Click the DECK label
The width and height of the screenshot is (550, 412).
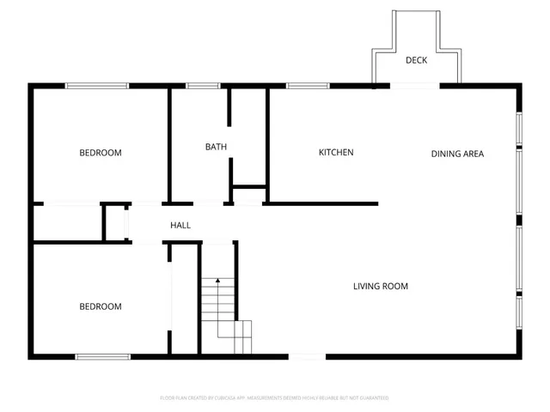tap(417, 60)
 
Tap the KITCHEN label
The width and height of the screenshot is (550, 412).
tap(336, 153)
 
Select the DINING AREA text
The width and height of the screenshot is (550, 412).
tap(457, 154)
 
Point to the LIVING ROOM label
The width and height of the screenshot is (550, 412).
tap(380, 287)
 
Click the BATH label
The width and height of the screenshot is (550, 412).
tap(216, 147)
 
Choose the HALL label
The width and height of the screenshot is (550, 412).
tap(180, 226)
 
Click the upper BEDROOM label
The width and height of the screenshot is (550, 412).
tap(101, 154)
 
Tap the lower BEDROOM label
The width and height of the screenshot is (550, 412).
tap(101, 306)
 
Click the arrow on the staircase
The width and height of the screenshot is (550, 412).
tap(218, 281)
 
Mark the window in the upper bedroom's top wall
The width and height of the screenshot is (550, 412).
tap(97, 85)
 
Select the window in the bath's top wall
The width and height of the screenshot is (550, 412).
tap(203, 85)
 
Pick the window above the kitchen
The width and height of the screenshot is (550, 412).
tap(302, 85)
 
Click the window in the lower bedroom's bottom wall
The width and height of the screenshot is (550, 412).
tap(102, 356)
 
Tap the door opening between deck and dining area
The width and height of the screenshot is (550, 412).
tap(416, 85)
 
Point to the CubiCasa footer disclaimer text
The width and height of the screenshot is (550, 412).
tap(275, 398)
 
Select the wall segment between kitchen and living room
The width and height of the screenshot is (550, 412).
tap(322, 204)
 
